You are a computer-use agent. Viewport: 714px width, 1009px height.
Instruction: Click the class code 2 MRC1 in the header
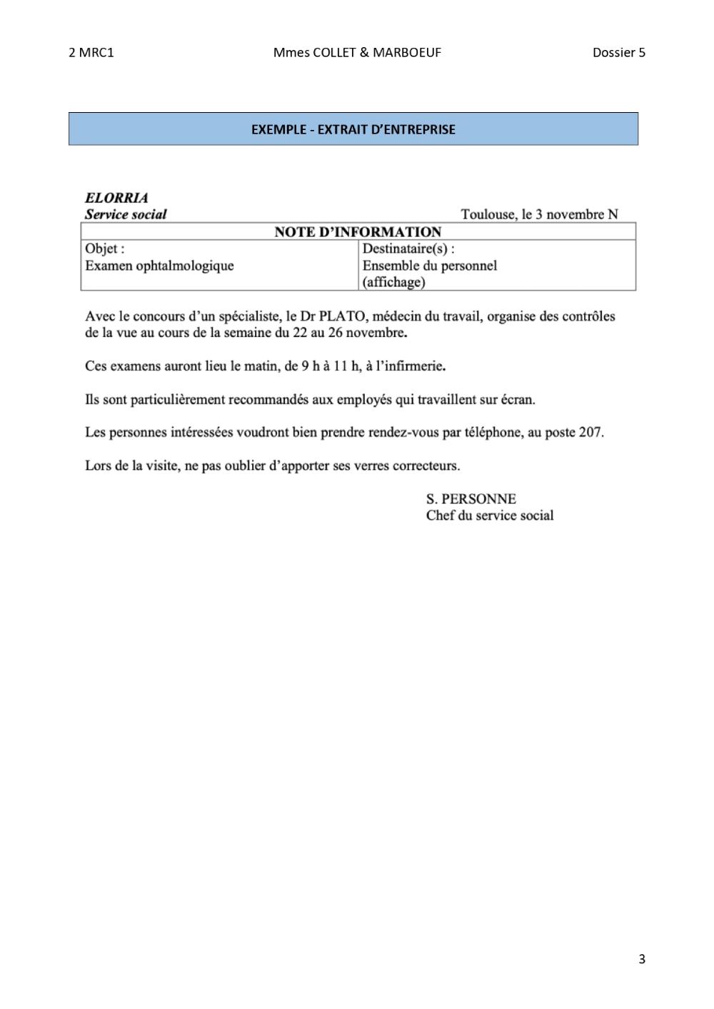pyautogui.click(x=91, y=52)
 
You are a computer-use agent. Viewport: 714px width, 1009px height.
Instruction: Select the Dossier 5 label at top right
pyautogui.click(x=618, y=52)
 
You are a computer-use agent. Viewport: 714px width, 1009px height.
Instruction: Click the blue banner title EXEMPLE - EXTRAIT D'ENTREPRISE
pyautogui.click(x=353, y=129)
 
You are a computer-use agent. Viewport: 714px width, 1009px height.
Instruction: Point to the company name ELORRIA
pyautogui.click(x=116, y=198)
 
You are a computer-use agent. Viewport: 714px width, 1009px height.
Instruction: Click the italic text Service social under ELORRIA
pyautogui.click(x=126, y=214)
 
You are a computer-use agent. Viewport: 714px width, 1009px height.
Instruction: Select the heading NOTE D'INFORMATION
pyautogui.click(x=358, y=231)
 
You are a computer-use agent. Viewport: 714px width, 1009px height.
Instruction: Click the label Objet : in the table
pyautogui.click(x=104, y=249)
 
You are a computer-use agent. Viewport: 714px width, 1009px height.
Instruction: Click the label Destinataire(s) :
pyautogui.click(x=408, y=249)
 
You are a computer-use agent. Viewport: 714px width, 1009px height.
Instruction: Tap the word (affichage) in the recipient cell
pyautogui.click(x=393, y=282)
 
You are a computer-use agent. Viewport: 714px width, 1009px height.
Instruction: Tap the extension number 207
pyautogui.click(x=590, y=432)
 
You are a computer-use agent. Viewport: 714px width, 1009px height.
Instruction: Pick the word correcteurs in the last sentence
pyautogui.click(x=424, y=466)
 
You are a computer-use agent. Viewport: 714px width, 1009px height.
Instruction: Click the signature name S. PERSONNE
pyautogui.click(x=471, y=498)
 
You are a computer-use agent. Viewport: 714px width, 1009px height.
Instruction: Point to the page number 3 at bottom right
pyautogui.click(x=642, y=959)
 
